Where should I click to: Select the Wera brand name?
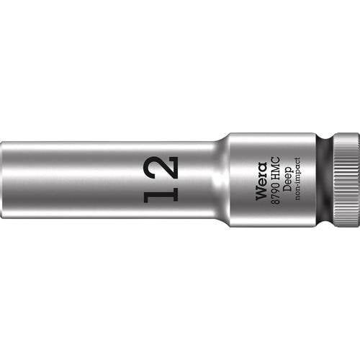261,179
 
